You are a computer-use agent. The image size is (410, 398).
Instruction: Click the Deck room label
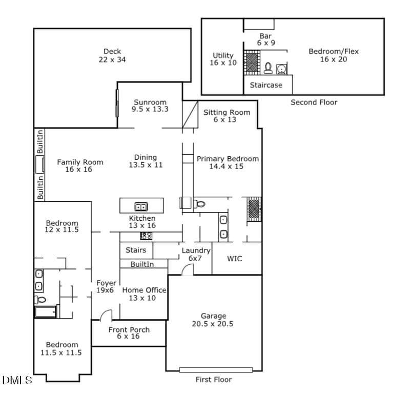[112, 55]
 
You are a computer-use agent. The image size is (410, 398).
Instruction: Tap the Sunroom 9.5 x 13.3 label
[150, 106]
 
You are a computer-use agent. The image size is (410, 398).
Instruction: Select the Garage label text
[213, 320]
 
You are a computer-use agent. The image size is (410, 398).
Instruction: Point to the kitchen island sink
[141, 207]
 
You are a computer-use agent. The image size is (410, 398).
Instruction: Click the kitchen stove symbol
[146, 236]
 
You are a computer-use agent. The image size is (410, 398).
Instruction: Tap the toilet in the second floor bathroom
[268, 68]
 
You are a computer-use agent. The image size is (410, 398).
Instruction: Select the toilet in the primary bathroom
[200, 204]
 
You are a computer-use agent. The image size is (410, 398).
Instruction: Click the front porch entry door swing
[106, 315]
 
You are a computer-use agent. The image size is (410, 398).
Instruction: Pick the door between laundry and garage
[188, 270]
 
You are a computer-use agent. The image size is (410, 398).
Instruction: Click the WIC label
[235, 259]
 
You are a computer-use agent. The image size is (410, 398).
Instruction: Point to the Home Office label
[144, 294]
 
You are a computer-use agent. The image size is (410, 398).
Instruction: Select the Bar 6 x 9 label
[265, 39]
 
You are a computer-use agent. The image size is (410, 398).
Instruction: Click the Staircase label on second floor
[266, 85]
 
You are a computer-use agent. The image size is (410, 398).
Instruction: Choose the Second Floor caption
[314, 102]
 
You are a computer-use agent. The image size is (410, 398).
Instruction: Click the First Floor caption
[213, 380]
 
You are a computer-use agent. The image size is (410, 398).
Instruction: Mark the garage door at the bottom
[216, 369]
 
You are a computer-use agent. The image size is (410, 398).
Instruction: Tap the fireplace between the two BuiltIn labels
[39, 165]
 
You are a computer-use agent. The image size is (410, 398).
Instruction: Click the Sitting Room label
[227, 116]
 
